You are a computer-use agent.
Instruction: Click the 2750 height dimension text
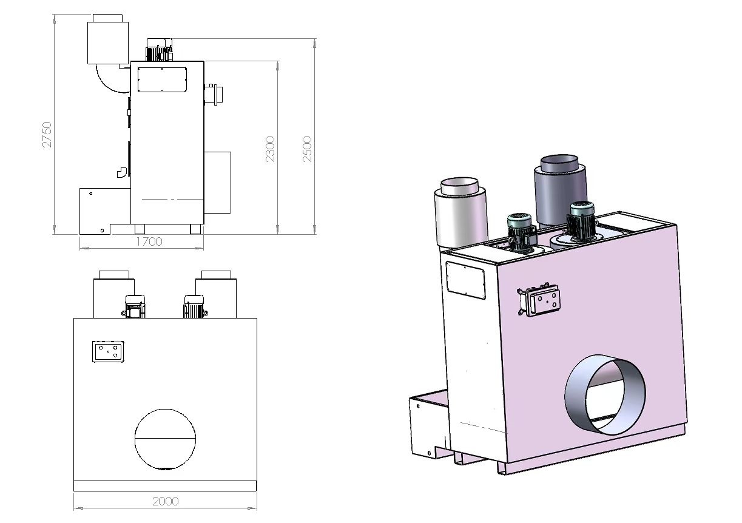click(x=47, y=134)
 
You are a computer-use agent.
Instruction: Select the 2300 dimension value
click(x=270, y=149)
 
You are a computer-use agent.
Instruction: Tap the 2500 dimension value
click(x=308, y=149)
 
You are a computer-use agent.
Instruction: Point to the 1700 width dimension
click(x=149, y=241)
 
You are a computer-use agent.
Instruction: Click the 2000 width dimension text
click(x=165, y=501)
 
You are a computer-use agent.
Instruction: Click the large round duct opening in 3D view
click(x=605, y=395)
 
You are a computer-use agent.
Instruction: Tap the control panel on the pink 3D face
click(x=540, y=299)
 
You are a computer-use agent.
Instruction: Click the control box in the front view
click(x=108, y=351)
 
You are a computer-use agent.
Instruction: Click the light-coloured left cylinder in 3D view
click(x=461, y=209)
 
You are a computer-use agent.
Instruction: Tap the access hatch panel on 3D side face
click(x=465, y=279)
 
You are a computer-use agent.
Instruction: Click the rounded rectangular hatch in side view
click(x=162, y=79)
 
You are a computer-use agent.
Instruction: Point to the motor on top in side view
click(x=159, y=50)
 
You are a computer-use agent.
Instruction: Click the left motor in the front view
click(x=134, y=306)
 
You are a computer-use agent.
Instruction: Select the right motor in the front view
click(x=194, y=306)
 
